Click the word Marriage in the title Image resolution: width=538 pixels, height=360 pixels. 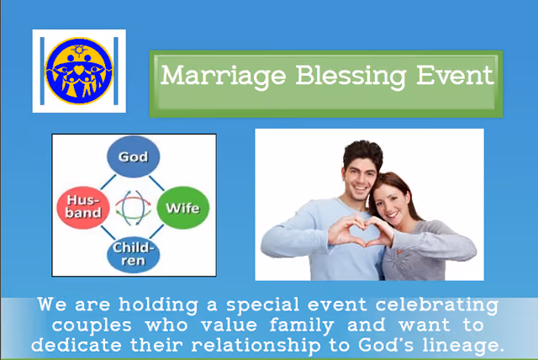224,77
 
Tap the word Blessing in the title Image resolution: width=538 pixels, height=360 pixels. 351,77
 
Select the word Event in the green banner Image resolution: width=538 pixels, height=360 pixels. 455,75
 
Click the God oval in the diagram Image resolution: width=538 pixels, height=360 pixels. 133,156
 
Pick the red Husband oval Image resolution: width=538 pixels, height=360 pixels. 83,208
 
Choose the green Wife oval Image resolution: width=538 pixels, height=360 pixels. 183,208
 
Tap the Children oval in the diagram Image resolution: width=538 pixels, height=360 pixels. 133,255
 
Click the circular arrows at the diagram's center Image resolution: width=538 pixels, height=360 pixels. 133,207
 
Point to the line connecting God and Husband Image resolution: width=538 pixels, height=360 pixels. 108,182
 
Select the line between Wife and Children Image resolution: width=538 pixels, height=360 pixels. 156,231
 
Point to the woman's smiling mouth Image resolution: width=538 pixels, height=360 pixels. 393,215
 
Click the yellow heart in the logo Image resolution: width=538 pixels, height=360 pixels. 79,70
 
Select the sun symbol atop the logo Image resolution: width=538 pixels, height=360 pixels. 79,50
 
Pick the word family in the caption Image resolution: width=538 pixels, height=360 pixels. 302,326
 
